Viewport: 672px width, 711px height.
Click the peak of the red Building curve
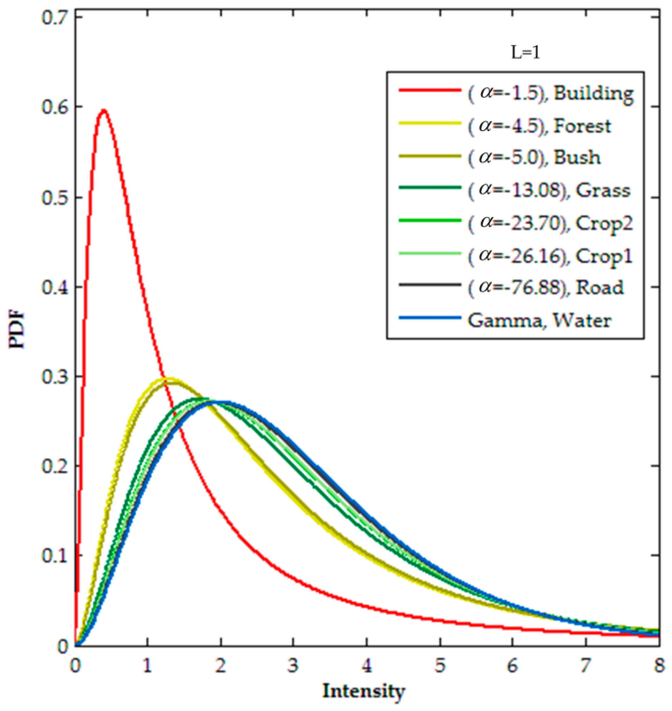click(x=104, y=111)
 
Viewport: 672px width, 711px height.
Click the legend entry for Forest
click(x=539, y=126)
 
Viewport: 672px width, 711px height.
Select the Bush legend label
click(x=534, y=158)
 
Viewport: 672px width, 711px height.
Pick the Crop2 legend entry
click(x=550, y=223)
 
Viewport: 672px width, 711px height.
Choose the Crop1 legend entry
click(x=550, y=256)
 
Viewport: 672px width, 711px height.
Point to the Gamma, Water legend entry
click(x=539, y=320)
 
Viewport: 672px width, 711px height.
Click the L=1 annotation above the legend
click(x=525, y=53)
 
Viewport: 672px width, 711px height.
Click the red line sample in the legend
click(x=429, y=91)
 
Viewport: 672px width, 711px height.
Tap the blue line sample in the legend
click(x=429, y=318)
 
